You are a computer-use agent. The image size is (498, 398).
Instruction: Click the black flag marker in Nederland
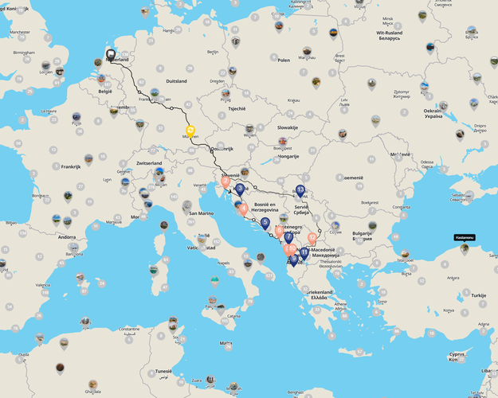[x=111, y=55]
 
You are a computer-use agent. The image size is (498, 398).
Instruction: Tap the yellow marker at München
[x=190, y=131]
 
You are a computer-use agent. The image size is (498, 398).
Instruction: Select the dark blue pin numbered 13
[x=300, y=190]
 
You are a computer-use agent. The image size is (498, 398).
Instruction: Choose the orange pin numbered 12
[x=312, y=237]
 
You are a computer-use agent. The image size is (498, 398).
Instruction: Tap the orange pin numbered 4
[x=243, y=209]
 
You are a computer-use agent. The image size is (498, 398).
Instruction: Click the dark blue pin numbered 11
[x=304, y=252]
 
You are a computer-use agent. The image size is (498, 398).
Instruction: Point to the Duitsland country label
[x=176, y=81]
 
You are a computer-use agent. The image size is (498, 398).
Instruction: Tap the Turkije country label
[x=478, y=295]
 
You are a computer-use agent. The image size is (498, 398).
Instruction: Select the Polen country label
[x=284, y=60]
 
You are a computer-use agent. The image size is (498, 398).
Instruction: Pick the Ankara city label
[x=453, y=278]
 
